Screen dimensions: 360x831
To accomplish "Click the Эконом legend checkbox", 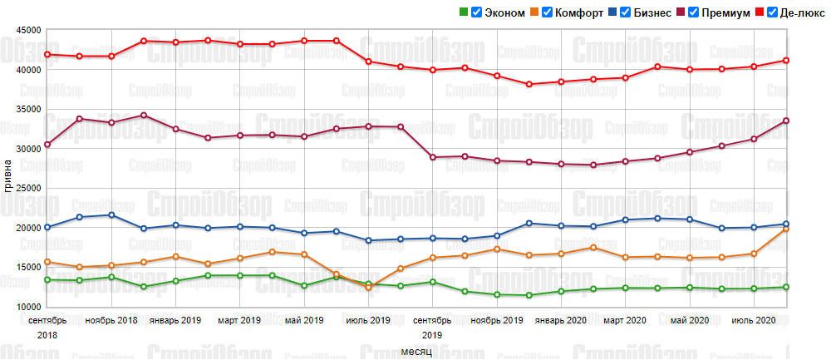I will [x=476, y=12].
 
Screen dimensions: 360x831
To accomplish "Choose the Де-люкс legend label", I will [x=803, y=12].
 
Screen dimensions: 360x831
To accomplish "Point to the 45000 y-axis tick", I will [x=29, y=30].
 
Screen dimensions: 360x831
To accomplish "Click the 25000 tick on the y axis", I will [x=29, y=188].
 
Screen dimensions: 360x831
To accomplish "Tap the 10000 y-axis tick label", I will [x=29, y=307].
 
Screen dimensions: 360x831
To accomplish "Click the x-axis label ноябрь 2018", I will [x=112, y=320].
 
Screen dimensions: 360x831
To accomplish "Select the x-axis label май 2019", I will [x=303, y=320].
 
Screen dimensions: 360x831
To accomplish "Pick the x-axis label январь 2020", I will [x=560, y=320].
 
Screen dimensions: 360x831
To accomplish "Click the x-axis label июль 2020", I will [x=753, y=320].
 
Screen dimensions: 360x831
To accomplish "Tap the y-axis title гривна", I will [x=8, y=175].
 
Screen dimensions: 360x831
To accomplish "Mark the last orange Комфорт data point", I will [x=785, y=228].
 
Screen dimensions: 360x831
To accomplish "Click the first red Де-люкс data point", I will [x=47, y=54].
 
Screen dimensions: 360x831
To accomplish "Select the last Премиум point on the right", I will [x=785, y=121].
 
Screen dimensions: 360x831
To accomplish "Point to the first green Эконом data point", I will [x=47, y=279].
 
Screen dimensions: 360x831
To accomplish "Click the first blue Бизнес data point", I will [x=47, y=227].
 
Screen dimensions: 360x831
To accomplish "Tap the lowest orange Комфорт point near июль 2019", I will [x=368, y=288].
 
